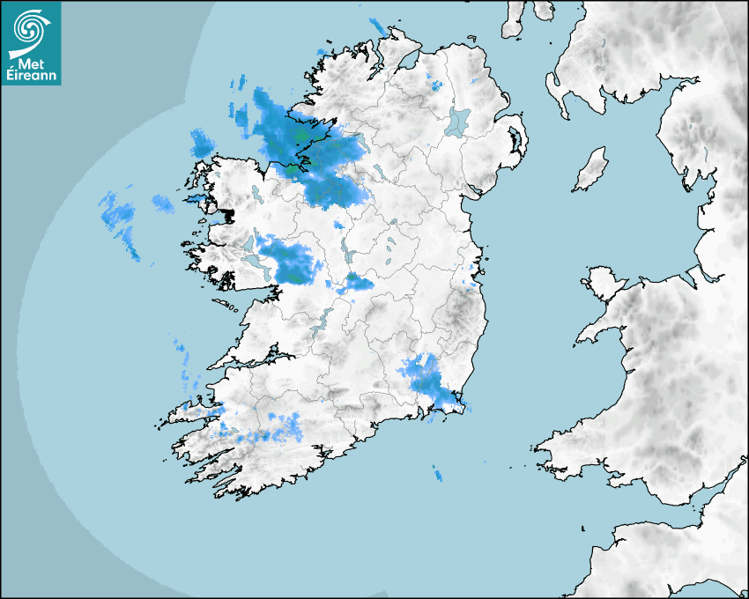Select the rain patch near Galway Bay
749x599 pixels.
pos(291,262)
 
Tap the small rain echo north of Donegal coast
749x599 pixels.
pos(378,26)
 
